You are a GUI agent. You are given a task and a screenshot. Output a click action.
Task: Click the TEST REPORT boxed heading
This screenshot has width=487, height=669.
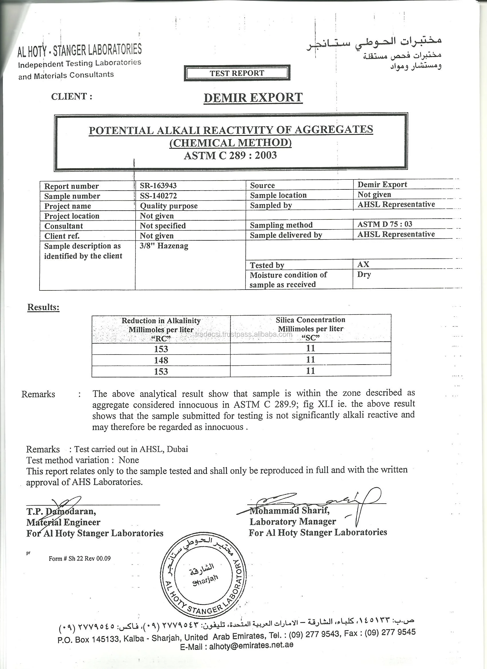(237, 73)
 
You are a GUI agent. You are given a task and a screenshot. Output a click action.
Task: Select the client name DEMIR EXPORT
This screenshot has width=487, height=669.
(253, 98)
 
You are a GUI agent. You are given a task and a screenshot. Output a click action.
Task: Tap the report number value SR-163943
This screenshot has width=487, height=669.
(158, 185)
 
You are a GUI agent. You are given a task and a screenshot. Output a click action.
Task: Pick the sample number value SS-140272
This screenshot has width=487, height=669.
(159, 195)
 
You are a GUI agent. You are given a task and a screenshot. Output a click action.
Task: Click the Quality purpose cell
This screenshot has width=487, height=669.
(169, 206)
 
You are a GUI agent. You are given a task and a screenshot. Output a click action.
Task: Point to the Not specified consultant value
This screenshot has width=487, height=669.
(163, 226)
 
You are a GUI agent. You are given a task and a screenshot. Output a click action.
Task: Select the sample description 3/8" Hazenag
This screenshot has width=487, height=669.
(164, 246)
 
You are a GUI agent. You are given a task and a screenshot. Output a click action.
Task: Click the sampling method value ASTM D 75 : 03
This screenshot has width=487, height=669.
(385, 224)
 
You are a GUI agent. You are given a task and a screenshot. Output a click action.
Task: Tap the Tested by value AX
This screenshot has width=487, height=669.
(363, 264)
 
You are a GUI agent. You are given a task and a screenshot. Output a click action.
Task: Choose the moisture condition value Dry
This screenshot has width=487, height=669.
(364, 274)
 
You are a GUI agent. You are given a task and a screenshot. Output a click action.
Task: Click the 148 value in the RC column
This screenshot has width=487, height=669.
(161, 360)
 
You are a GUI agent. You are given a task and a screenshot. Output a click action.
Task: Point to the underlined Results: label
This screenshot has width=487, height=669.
(44, 307)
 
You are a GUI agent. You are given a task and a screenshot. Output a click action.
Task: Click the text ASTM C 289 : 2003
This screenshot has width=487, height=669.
(230, 155)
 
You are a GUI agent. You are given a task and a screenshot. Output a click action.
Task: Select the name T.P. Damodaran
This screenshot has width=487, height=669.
(61, 511)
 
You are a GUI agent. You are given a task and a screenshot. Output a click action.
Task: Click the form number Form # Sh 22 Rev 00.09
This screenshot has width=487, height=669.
(80, 558)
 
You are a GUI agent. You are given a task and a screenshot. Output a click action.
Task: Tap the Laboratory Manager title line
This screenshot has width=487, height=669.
(293, 522)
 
